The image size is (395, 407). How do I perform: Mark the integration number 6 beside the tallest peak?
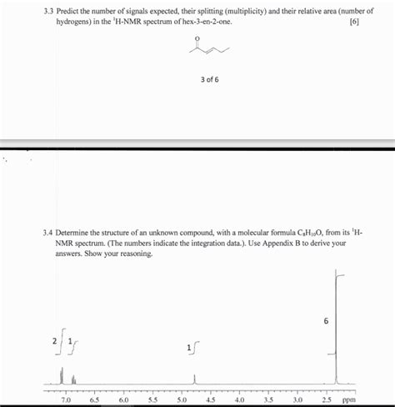(x=326, y=319)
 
